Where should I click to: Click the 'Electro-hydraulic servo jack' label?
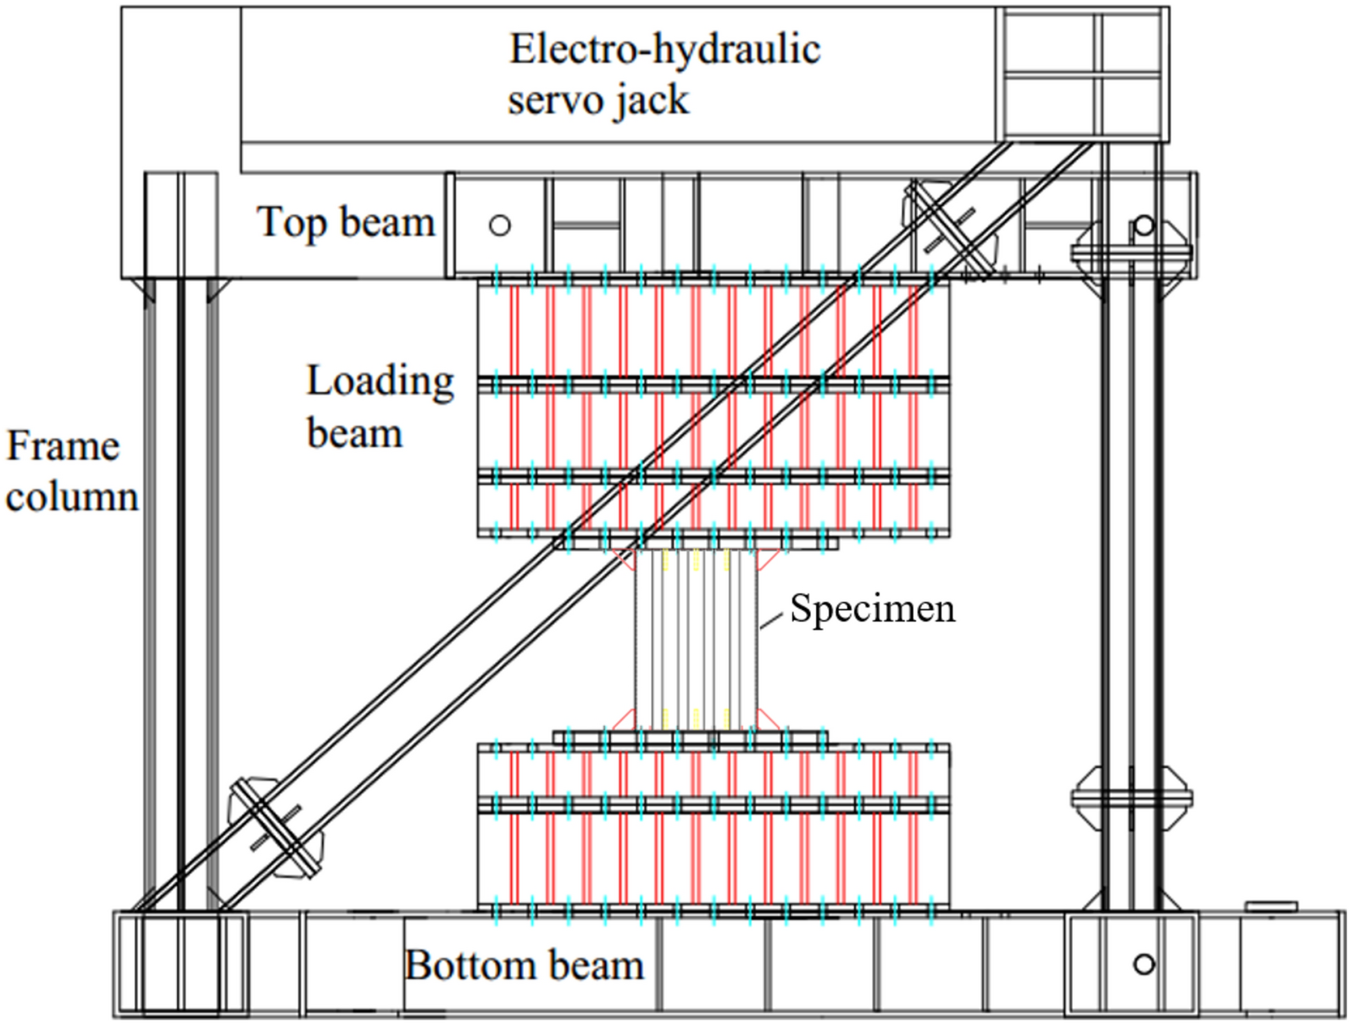(664, 74)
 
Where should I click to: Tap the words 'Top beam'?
(346, 222)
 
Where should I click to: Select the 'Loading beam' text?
(379, 406)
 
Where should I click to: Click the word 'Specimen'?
(872, 608)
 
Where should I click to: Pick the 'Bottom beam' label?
(525, 965)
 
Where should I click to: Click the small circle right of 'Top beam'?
(500, 225)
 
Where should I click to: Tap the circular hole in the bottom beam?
(1143, 964)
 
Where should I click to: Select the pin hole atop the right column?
(1143, 225)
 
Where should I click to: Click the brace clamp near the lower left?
(276, 828)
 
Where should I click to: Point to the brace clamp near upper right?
(950, 230)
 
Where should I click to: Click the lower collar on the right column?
(1131, 798)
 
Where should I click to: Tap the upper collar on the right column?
(1131, 253)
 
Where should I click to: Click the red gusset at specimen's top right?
(768, 559)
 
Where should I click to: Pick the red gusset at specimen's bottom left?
(624, 721)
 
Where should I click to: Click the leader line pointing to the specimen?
(770, 621)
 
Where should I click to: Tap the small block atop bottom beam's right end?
(1271, 906)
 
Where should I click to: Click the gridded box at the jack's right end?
(1082, 74)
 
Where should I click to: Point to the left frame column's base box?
(181, 964)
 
